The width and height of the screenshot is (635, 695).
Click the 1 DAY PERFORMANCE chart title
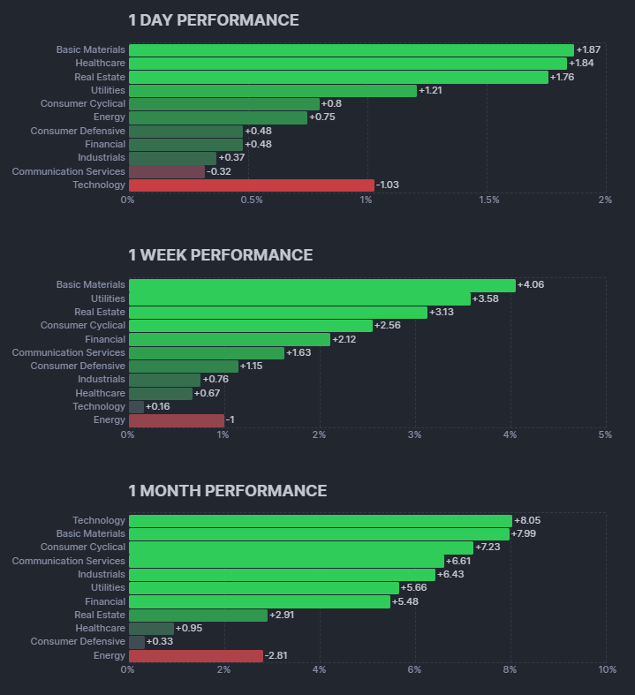coord(214,20)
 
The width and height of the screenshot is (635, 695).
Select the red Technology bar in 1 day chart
coord(251,185)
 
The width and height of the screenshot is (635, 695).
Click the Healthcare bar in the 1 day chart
coord(347,64)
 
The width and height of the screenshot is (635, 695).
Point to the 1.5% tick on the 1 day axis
coord(488,200)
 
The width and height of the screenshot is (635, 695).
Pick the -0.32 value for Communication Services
coord(219,171)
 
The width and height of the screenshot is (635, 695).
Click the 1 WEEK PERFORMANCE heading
coord(221,255)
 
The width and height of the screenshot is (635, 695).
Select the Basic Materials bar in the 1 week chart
coord(321,285)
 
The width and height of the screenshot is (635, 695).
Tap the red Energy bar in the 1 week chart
coord(177,420)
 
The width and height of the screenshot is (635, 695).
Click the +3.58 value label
coord(486,298)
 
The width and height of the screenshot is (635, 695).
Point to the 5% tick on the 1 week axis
coord(605,435)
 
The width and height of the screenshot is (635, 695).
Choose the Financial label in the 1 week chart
coord(105,339)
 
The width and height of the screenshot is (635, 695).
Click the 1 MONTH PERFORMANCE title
coord(228,491)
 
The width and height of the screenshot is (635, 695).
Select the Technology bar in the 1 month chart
coord(320,521)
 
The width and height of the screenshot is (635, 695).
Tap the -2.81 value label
coord(278,655)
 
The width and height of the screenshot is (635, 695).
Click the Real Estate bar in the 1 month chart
coord(198,615)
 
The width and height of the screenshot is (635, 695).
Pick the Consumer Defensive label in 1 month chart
coord(78,641)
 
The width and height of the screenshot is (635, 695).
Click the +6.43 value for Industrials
coord(450,574)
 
